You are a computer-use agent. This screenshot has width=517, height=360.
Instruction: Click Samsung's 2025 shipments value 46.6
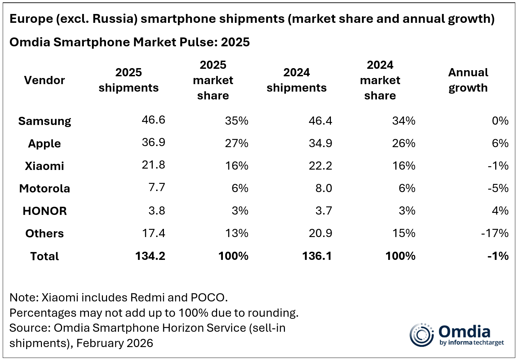pyautogui.click(x=153, y=120)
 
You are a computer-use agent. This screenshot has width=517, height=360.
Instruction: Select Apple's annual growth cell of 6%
pyautogui.click(x=500, y=143)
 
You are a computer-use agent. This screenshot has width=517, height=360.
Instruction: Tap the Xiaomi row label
pyautogui.click(x=44, y=166)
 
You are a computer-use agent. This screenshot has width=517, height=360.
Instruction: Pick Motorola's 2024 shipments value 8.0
pyautogui.click(x=323, y=188)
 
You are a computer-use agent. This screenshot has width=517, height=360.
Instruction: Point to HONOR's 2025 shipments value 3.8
pyautogui.click(x=156, y=210)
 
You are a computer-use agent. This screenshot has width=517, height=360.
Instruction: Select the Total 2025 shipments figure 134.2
pyautogui.click(x=150, y=256)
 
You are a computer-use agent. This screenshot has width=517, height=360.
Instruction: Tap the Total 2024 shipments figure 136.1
pyautogui.click(x=317, y=256)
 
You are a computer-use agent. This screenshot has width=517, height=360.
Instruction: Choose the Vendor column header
pyautogui.click(x=44, y=80)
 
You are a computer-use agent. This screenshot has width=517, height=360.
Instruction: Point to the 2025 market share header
pyautogui.click(x=213, y=80)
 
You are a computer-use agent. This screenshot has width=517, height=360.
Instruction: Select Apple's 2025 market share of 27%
pyautogui.click(x=237, y=143)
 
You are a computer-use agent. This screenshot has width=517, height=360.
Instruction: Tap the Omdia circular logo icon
pyautogui.click(x=421, y=334)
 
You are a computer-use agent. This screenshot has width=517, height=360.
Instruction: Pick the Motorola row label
pyautogui.click(x=44, y=188)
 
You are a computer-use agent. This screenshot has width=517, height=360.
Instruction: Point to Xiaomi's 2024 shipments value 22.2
pyautogui.click(x=320, y=166)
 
